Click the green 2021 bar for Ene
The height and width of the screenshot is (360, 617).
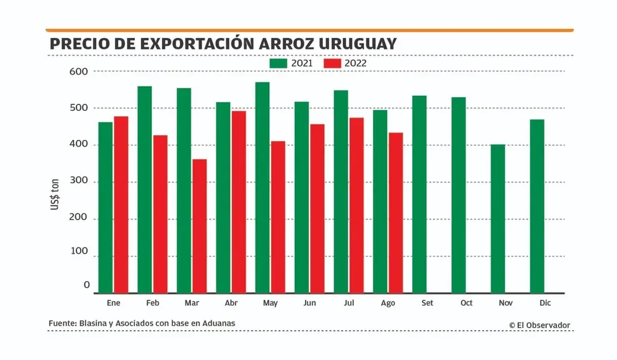coord(105,207)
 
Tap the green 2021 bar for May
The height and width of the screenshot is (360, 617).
coord(262,188)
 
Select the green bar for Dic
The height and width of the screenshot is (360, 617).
coord(537,206)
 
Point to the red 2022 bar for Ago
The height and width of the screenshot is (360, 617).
coord(396,213)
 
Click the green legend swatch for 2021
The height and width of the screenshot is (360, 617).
coord(278,63)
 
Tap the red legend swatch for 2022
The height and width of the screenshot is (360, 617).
coord(333,63)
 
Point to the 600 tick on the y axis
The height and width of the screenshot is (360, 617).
coord(79,71)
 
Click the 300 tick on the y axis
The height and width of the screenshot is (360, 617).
coord(79,182)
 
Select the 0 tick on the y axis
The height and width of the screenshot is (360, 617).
coord(87,285)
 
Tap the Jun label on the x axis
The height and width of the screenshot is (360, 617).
coord(310,303)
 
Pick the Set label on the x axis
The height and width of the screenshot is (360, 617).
coord(427,303)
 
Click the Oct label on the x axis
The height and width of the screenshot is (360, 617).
coord(466,303)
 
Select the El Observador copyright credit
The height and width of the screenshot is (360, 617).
coord(539,325)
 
